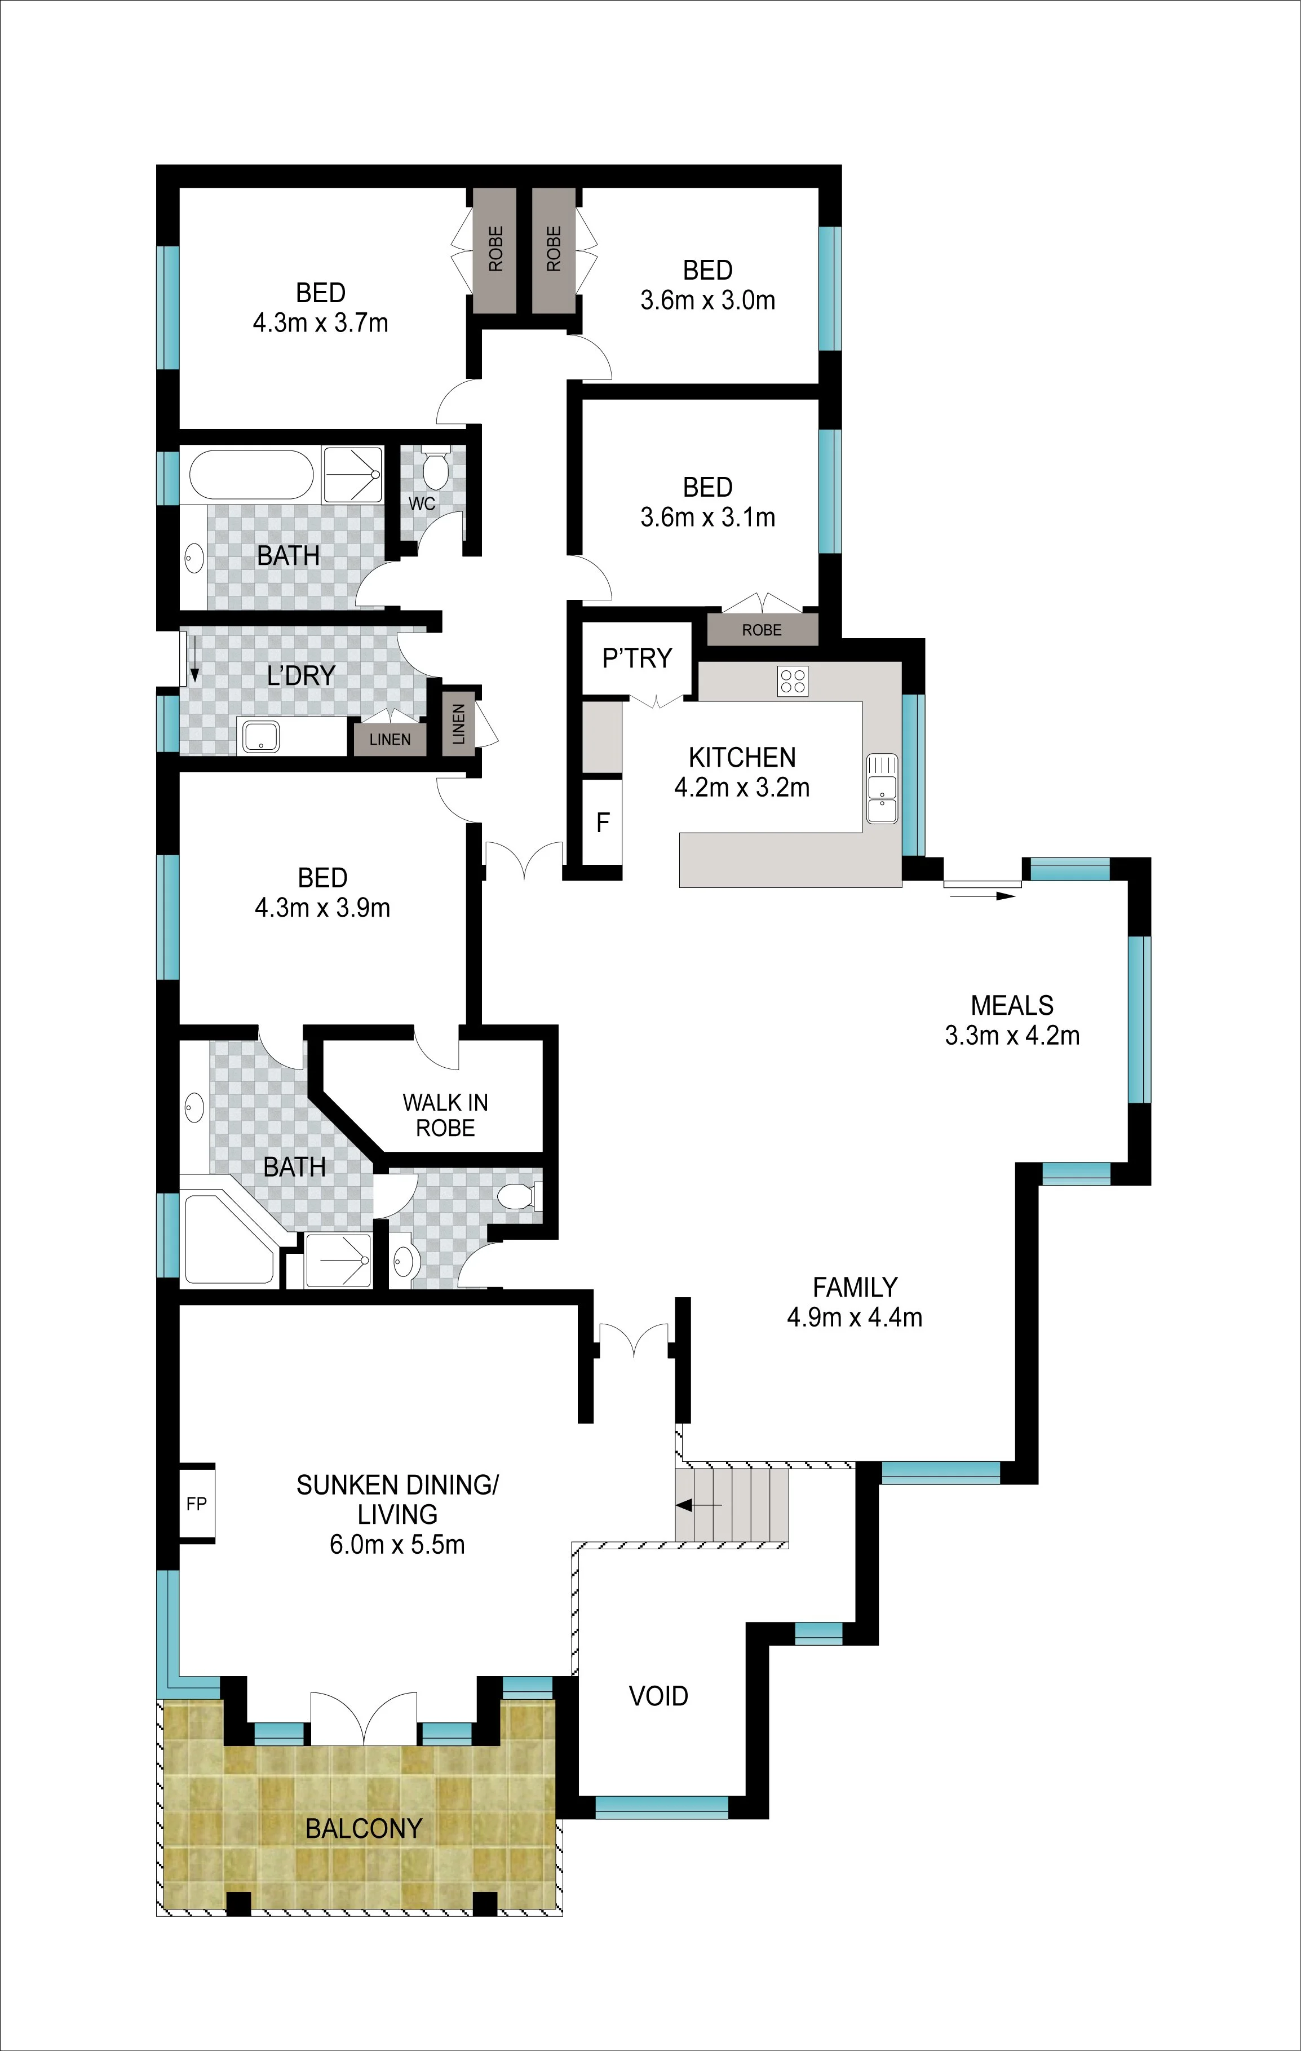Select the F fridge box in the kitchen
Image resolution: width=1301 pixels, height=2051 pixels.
pyautogui.click(x=603, y=822)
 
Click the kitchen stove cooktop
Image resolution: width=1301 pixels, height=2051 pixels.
pyautogui.click(x=793, y=680)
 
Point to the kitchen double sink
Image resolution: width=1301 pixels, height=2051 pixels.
pyautogui.click(x=882, y=789)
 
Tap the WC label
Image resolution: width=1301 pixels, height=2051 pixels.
pyautogui.click(x=422, y=503)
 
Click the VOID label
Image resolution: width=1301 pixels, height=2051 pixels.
pyautogui.click(x=658, y=1696)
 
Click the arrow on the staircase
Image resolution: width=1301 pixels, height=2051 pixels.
pyautogui.click(x=699, y=1505)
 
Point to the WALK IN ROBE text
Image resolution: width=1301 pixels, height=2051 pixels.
pyautogui.click(x=445, y=1115)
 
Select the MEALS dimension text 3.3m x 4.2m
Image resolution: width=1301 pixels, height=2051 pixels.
pyautogui.click(x=1012, y=1036)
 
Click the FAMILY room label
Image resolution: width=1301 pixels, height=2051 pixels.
pyautogui.click(x=855, y=1287)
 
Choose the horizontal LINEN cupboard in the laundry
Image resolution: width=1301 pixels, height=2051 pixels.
pyautogui.click(x=390, y=739)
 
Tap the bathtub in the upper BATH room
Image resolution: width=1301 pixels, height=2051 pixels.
pyautogui.click(x=251, y=475)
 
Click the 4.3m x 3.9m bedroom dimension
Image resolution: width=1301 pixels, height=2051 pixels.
pyautogui.click(x=322, y=908)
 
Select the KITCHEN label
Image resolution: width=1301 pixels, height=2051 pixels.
pyautogui.click(x=742, y=757)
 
